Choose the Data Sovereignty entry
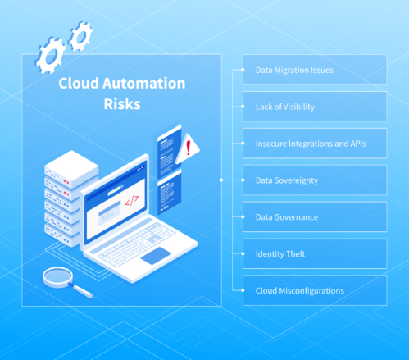coord(287,180)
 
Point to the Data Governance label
coord(287,216)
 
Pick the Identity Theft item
coord(280,253)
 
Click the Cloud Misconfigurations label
coord(299,290)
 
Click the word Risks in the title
coord(121,105)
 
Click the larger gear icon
coord(51,54)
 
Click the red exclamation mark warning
coord(190,148)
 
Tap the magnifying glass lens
coord(57,276)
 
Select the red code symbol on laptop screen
coord(131,199)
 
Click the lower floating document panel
coord(170,189)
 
